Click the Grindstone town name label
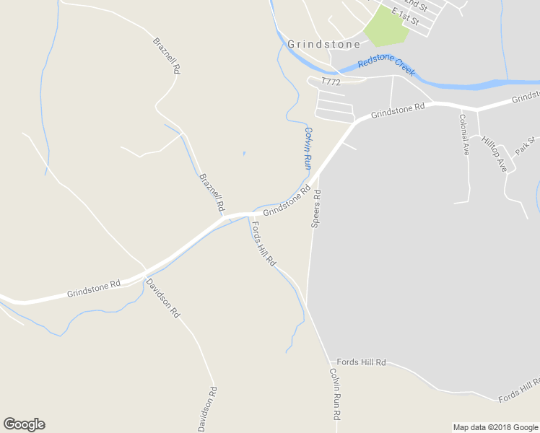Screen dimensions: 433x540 (x=323, y=44)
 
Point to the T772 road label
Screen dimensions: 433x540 (x=331, y=82)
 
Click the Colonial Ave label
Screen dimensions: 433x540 (x=465, y=134)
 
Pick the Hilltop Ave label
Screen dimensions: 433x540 (x=495, y=154)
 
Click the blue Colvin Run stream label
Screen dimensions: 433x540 (x=308, y=148)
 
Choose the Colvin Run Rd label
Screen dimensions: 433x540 (x=335, y=394)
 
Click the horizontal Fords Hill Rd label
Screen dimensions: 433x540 (x=362, y=362)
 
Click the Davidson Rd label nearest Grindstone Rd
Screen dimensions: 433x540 (x=163, y=299)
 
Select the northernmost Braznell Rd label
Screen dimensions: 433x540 (x=166, y=56)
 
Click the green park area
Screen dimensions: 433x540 (x=386, y=29)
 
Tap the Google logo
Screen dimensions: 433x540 (x=24, y=424)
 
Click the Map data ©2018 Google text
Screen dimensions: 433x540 (x=495, y=427)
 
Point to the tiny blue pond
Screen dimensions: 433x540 (x=244, y=153)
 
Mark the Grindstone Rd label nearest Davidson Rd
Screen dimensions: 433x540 (x=93, y=289)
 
